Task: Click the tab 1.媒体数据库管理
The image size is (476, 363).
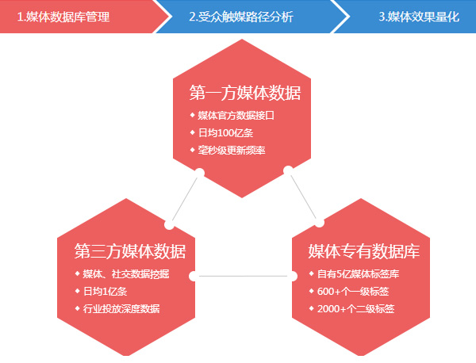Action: click(x=63, y=17)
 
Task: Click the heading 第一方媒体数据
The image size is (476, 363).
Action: click(x=244, y=93)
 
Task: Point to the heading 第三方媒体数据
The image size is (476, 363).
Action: click(x=130, y=252)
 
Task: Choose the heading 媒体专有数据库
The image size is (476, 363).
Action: click(x=363, y=252)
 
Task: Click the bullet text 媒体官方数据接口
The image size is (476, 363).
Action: click(x=236, y=116)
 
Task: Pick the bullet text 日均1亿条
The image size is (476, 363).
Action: click(x=108, y=292)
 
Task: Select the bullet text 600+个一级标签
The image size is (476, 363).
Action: click(x=350, y=292)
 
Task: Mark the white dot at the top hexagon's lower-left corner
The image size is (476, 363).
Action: click(x=200, y=172)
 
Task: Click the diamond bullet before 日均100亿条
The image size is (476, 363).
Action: click(x=191, y=132)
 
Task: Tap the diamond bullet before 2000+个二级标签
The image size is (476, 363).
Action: click(x=311, y=308)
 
